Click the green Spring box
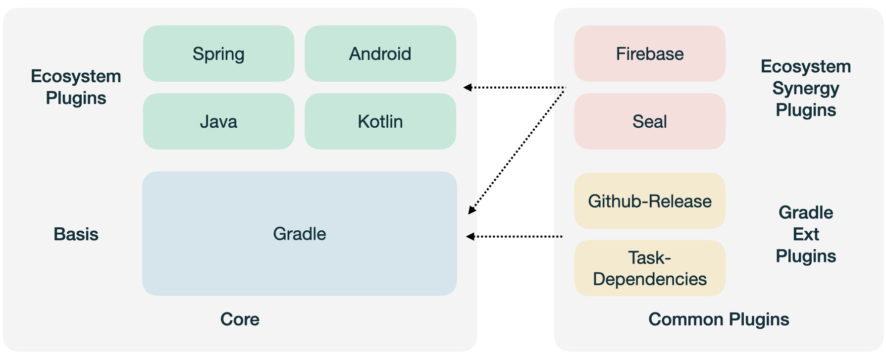[218, 53]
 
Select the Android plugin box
[380, 53]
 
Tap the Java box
[218, 121]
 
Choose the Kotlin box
[380, 121]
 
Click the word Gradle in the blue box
[299, 234]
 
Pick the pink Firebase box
[649, 53]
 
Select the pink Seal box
[649, 121]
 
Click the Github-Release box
[649, 201]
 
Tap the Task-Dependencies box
[649, 268]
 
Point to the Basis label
[76, 234]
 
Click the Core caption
[240, 319]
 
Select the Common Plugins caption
[718, 319]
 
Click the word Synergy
[805, 88]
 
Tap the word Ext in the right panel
[805, 234]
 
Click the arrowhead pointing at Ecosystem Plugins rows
[467, 87]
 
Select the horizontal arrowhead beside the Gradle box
[470, 237]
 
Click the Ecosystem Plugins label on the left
[76, 87]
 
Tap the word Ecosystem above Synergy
[805, 66]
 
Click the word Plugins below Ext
[805, 256]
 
